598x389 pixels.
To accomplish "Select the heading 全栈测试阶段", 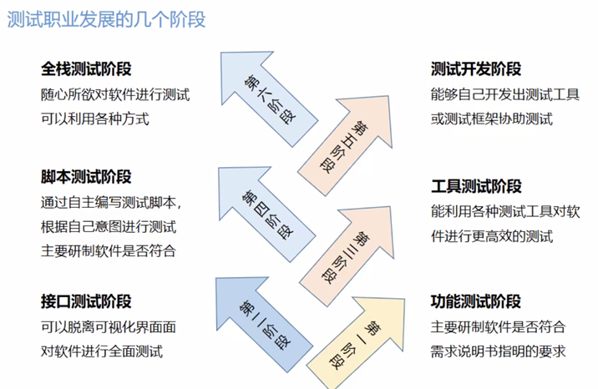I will coord(86,69).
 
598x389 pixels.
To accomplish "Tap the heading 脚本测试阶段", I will coord(86,177).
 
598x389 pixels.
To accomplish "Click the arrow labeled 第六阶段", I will coord(266,94).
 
